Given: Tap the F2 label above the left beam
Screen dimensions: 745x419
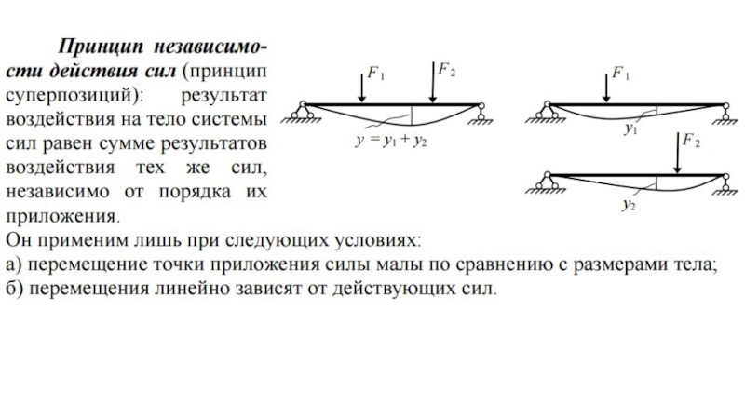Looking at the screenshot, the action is pyautogui.click(x=446, y=70).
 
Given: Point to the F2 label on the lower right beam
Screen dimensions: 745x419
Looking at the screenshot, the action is pyautogui.click(x=691, y=142).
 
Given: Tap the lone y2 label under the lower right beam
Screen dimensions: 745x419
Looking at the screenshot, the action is pyautogui.click(x=630, y=205).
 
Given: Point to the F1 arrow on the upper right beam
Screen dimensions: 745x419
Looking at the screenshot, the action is pyautogui.click(x=606, y=86).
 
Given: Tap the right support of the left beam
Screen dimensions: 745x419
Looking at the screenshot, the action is pyautogui.click(x=482, y=114).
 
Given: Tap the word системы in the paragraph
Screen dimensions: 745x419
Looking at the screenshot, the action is pyautogui.click(x=230, y=121).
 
